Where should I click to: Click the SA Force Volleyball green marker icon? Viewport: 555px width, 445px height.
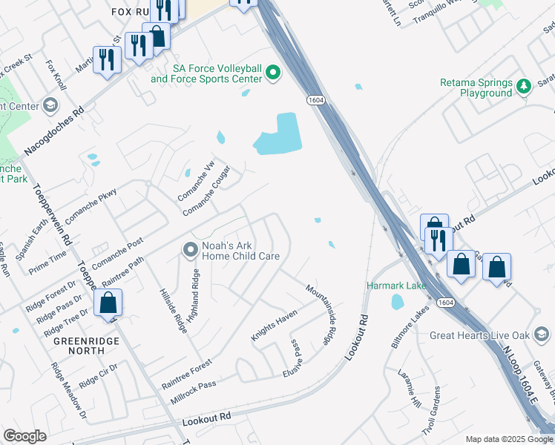tap(273, 72)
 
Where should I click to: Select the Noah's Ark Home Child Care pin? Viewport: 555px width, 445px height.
tap(190, 250)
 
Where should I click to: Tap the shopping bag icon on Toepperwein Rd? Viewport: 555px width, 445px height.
tap(108, 303)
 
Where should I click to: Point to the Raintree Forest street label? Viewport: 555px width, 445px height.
tap(187, 375)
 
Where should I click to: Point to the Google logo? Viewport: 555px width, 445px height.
tap(24, 436)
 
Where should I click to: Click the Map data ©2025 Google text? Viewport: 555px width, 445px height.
tap(509, 439)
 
